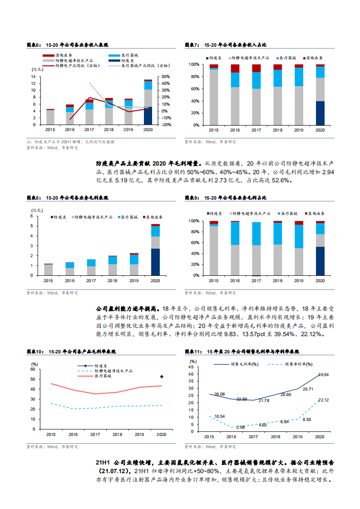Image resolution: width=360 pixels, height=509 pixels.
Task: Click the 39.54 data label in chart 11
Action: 323,375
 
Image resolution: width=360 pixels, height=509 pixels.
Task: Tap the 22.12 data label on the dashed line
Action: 323,400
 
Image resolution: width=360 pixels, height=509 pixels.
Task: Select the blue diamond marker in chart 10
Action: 162,377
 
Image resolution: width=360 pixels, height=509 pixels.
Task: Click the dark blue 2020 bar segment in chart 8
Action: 155,262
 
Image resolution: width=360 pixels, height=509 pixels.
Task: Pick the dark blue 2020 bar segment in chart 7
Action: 320,113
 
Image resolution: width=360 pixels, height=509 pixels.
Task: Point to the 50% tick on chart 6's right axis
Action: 166,77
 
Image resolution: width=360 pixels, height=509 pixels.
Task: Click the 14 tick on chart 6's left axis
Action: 34,77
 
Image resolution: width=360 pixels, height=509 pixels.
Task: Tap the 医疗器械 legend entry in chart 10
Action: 103,376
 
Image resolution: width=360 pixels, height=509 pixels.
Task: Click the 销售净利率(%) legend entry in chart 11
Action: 299,364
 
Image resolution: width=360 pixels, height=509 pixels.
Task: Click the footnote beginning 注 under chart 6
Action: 70,142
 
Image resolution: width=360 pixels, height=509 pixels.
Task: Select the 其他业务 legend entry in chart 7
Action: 314,59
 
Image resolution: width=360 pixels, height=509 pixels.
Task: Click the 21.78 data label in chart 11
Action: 264,400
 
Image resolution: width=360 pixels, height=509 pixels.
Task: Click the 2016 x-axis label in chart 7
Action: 235,130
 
